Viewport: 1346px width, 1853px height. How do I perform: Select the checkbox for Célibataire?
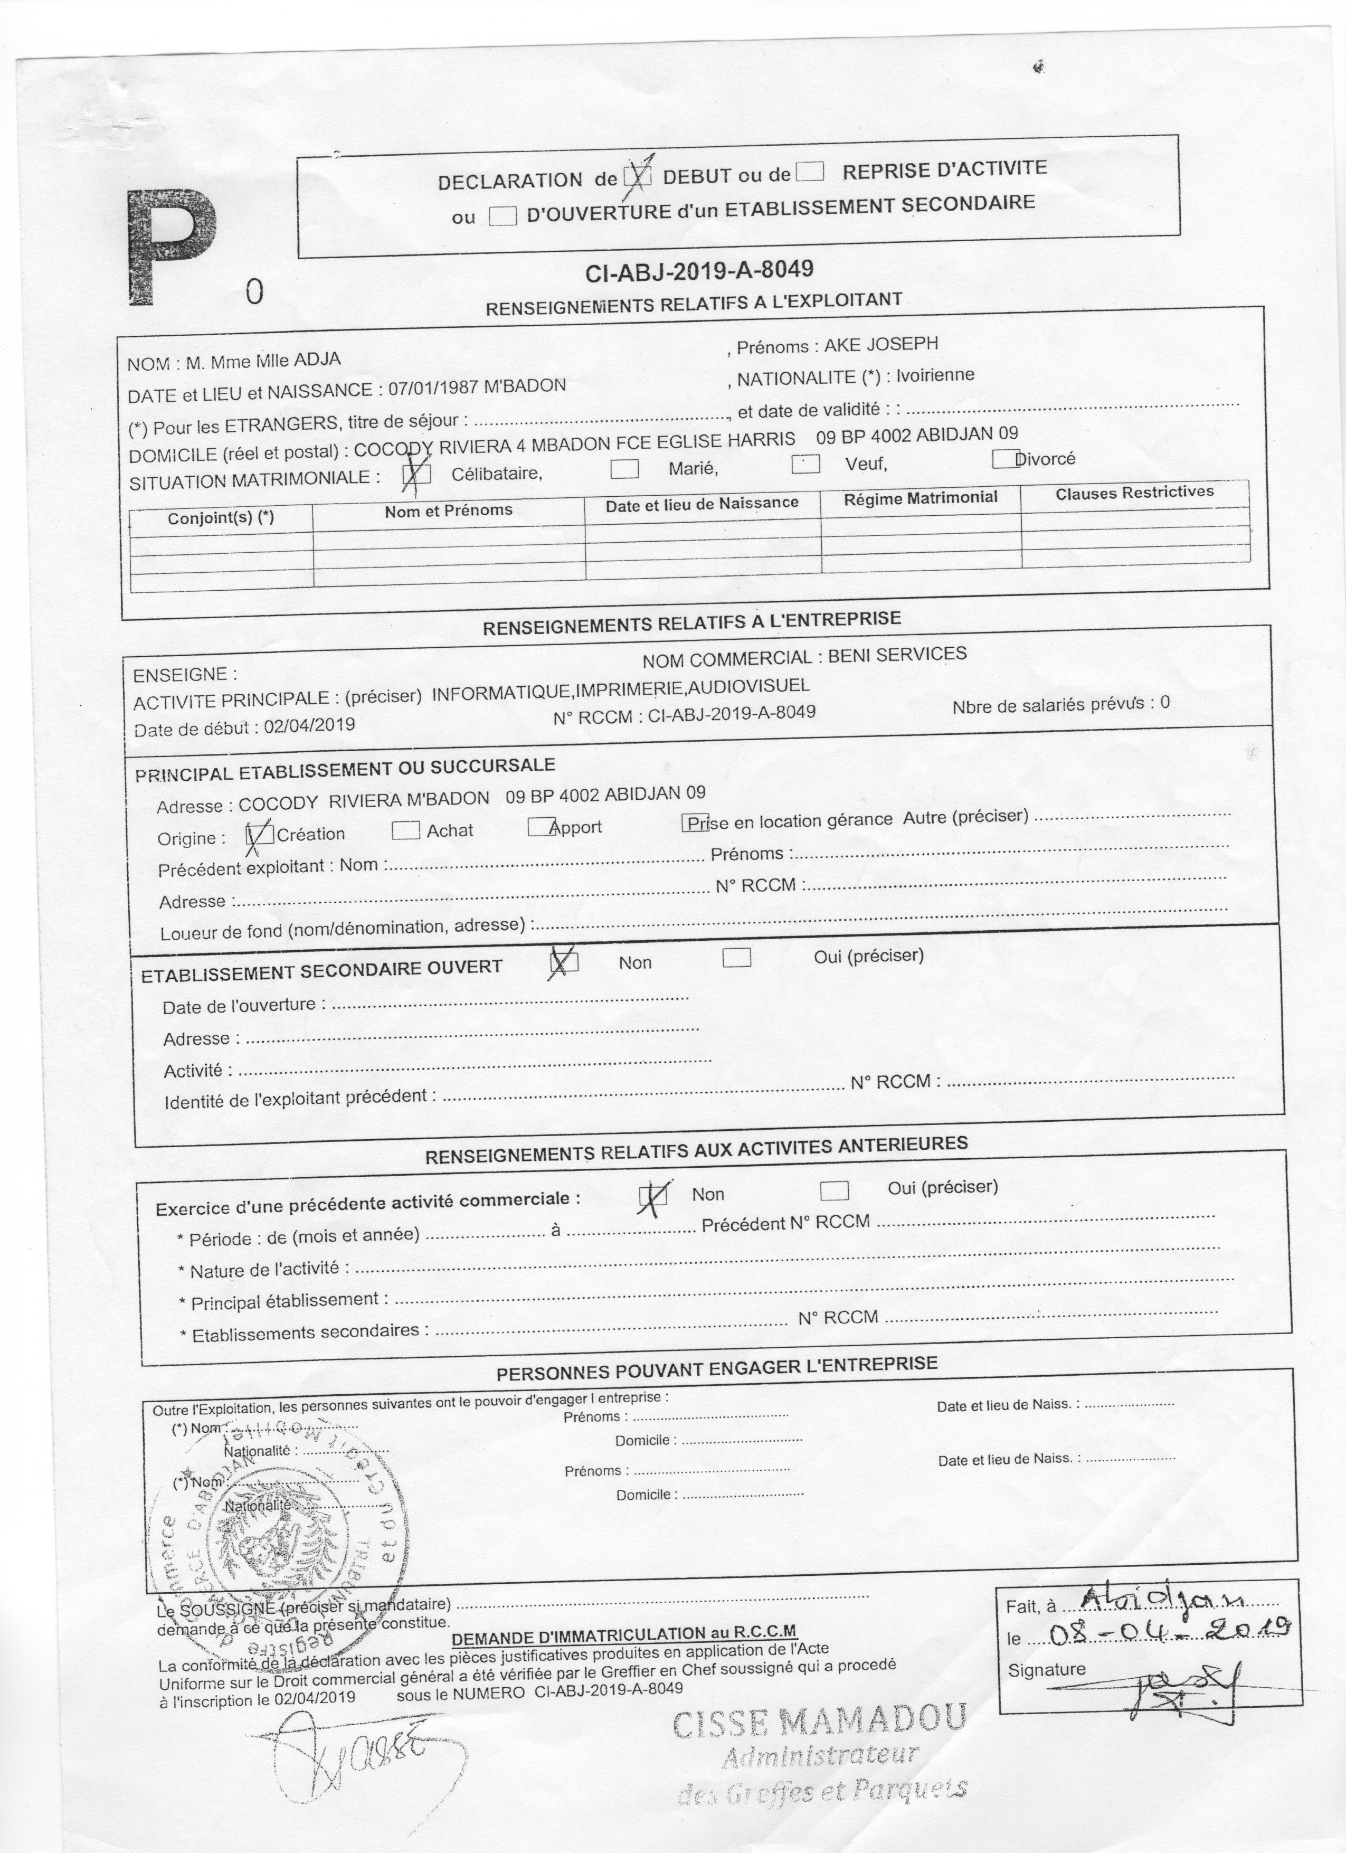(x=418, y=474)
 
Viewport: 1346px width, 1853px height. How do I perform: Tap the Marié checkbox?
(x=625, y=468)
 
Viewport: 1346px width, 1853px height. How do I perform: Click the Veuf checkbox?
(x=805, y=464)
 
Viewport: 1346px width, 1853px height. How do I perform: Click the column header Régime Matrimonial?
(x=921, y=497)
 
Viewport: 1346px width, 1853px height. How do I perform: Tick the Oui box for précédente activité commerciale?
(x=834, y=1190)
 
